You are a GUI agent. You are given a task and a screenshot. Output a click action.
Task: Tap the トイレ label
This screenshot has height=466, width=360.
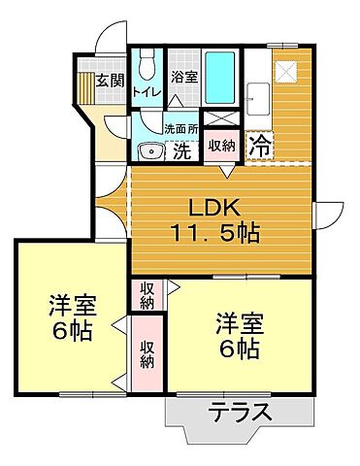point(147,92)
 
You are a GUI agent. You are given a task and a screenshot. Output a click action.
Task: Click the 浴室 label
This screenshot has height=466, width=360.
point(184,77)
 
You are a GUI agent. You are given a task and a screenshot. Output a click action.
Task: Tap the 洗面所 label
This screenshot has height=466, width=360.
point(180,127)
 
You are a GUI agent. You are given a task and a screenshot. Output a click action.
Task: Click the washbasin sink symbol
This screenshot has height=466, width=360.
point(150,150)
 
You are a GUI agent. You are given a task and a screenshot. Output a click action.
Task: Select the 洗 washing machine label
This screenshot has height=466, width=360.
point(181,151)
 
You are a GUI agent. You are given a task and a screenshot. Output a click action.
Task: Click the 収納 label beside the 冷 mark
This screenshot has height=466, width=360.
point(222,146)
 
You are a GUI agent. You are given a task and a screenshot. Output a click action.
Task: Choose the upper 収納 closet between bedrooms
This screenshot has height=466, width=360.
point(147,295)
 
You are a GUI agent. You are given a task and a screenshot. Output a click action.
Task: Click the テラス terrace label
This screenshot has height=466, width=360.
point(240,412)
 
